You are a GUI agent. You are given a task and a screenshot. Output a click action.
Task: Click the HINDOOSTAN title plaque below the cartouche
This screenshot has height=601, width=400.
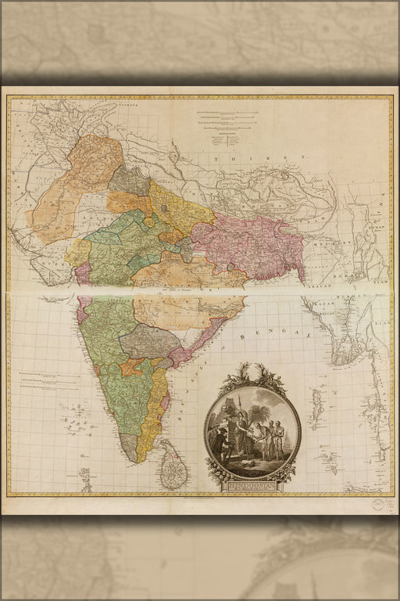coord(252,487)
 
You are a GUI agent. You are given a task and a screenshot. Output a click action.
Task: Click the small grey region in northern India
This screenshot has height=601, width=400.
coord(129,181)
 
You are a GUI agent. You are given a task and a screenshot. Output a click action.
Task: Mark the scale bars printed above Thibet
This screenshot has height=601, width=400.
coord(227,120)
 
